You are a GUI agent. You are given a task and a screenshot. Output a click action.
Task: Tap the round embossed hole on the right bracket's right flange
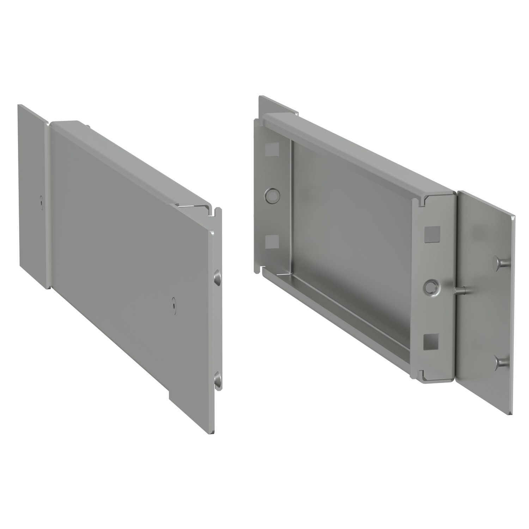pyautogui.click(x=431, y=287)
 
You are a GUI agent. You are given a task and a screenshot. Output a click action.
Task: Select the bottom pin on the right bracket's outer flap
pyautogui.click(x=501, y=361)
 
